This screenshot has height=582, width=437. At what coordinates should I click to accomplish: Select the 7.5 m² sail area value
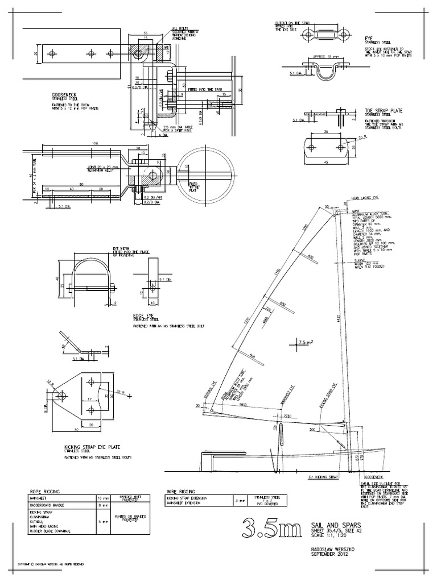(306, 342)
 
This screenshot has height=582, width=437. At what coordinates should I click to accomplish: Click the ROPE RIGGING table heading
(43, 490)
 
